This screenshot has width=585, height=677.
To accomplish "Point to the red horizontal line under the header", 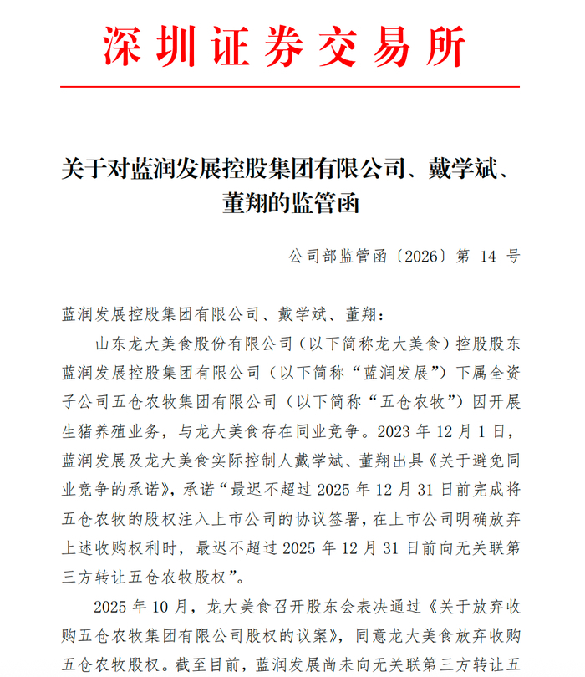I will tap(292, 85).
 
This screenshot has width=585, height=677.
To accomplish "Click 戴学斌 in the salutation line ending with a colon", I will tap(298, 314).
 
